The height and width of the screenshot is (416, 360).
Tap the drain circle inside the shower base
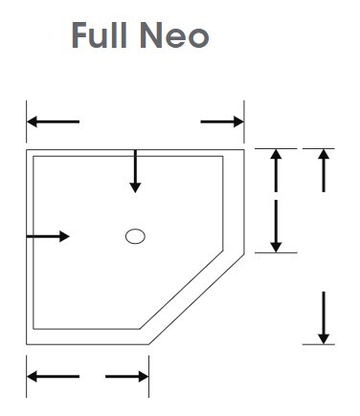pyautogui.click(x=135, y=237)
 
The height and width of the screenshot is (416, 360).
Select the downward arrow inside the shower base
pyautogui.click(x=135, y=172)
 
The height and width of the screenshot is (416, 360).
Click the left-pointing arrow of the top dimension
pyautogui.click(x=53, y=121)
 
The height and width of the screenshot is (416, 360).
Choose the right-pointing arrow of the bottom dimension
pyautogui.click(x=127, y=377)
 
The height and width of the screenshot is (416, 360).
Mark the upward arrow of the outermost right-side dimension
pyautogui.click(x=324, y=169)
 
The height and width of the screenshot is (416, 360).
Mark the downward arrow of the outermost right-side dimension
pyautogui.click(x=324, y=317)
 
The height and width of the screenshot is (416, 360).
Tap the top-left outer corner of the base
pyautogui.click(x=26, y=148)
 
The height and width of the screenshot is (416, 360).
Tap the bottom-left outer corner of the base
pyautogui.click(x=26, y=343)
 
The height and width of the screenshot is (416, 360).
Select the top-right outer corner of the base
pyautogui.click(x=244, y=148)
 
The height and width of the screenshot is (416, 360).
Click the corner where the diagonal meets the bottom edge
pyautogui.click(x=149, y=343)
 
